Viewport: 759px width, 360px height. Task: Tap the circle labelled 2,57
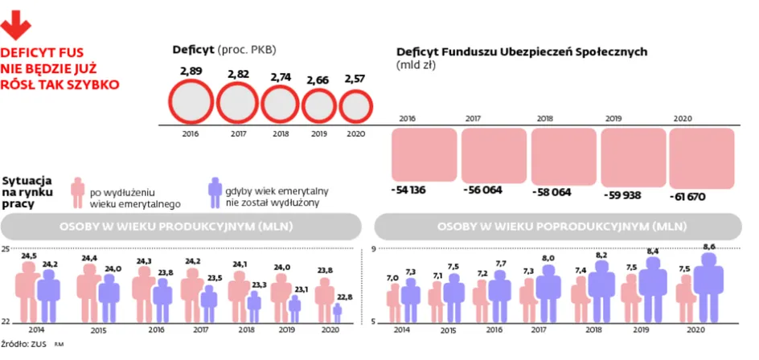coord(355,105)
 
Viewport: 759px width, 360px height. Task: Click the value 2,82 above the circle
coord(238,73)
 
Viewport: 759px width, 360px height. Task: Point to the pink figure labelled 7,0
coord(394,305)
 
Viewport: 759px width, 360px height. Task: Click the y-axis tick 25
coord(6,250)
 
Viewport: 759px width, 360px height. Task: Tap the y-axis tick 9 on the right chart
coord(374,250)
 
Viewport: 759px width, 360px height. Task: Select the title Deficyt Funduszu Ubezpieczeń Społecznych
coord(523,51)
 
